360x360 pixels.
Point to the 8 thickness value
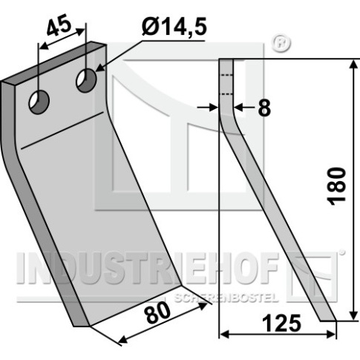coord(264,108)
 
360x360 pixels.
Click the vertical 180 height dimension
coord(336,186)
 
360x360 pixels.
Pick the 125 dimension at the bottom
coord(281,324)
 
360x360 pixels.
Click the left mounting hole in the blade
coord(39,102)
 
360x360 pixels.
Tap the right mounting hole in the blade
coord(86,81)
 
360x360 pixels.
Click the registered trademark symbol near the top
coord(281,44)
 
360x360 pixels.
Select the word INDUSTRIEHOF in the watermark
coord(146,268)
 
